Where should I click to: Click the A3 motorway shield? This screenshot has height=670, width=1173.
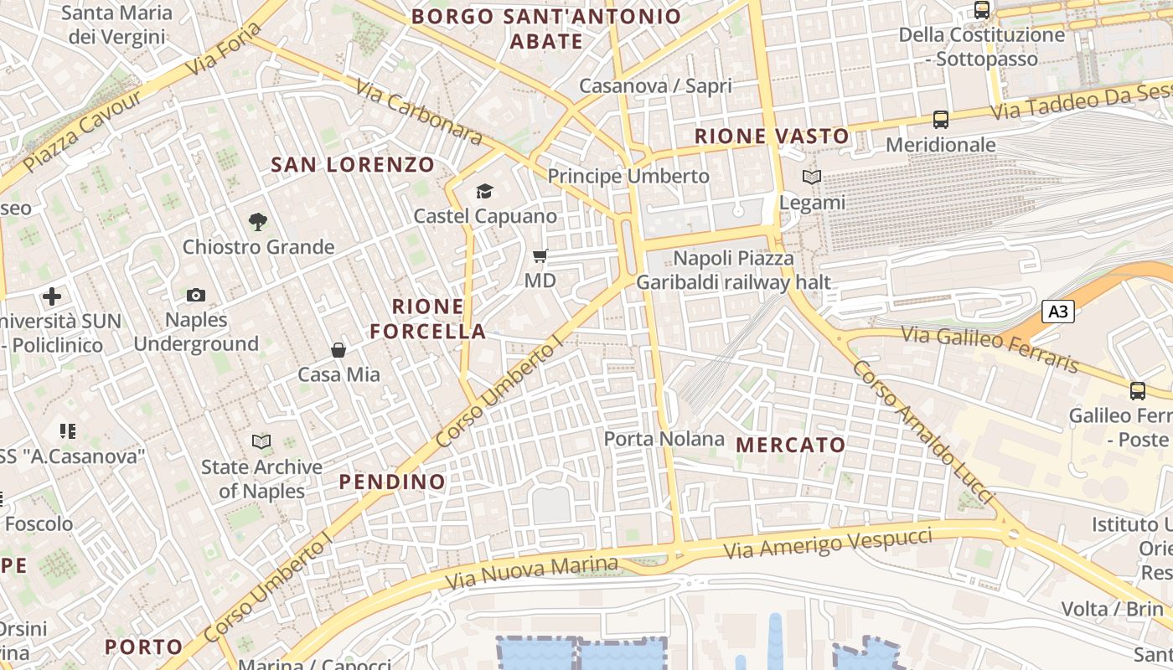click(1058, 312)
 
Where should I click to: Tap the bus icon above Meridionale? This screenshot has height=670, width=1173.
click(941, 120)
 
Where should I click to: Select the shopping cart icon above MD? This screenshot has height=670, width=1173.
click(540, 255)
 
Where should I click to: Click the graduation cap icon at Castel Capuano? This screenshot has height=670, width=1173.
click(484, 192)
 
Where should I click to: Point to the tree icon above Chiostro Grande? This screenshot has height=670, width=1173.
click(258, 222)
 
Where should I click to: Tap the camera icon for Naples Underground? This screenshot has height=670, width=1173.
click(196, 295)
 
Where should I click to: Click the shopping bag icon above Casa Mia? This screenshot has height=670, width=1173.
click(338, 350)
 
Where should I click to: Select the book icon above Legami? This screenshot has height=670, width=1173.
click(811, 178)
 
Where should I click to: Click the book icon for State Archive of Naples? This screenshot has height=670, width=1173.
click(261, 441)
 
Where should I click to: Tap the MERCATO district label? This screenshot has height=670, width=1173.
click(791, 445)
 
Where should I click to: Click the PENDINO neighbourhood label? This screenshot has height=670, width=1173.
click(392, 482)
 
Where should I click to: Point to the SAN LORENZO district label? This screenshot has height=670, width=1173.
click(353, 164)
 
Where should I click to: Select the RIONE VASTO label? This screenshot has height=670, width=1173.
click(772, 136)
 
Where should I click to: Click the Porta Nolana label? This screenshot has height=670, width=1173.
click(664, 439)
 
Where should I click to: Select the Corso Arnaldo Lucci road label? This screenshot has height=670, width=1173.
click(922, 432)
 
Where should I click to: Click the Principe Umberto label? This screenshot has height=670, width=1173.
click(628, 176)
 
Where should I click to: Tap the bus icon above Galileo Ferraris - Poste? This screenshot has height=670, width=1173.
click(1138, 390)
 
